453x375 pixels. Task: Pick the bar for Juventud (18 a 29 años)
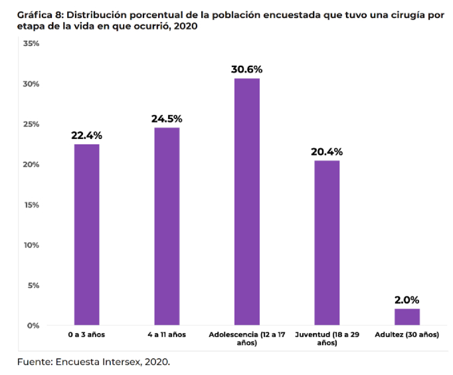tap(327, 243)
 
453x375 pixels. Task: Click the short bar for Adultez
tap(407, 317)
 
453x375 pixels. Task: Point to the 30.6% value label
tap(246, 69)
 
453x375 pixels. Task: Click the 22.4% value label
tap(86, 136)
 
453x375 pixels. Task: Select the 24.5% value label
tap(167, 118)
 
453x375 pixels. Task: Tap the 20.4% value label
tap(327, 152)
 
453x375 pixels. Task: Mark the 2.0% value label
tap(407, 300)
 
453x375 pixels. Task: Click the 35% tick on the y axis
tap(31, 44)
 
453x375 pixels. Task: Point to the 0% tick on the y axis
tap(34, 326)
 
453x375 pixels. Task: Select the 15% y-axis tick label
tap(31, 205)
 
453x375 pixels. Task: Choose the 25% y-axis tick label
tap(31, 124)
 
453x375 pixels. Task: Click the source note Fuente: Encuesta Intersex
tap(93, 362)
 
